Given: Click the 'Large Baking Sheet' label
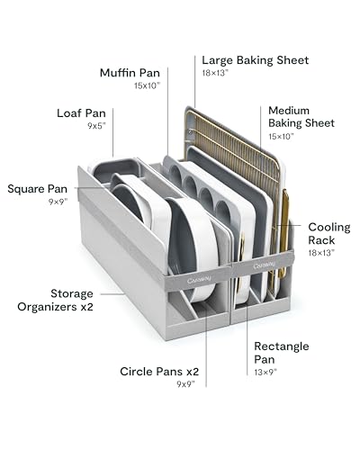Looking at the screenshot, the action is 255,60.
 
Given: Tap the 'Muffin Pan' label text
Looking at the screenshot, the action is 130,73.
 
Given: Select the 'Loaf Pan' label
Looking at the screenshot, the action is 81,113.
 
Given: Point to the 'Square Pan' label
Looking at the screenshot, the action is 38,189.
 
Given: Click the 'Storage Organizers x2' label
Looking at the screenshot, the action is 55,301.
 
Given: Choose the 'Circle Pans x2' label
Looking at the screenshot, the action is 159,372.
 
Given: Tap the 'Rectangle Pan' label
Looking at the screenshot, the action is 282,353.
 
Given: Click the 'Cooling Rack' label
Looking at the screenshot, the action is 329,234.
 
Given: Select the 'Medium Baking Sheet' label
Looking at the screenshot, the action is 301,117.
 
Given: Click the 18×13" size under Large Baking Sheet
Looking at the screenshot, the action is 215,73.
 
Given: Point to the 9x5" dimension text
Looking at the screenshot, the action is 97,126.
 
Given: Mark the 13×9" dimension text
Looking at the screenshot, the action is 265,373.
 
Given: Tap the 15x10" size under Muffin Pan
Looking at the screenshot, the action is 148,85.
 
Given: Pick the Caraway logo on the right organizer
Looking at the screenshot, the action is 265,265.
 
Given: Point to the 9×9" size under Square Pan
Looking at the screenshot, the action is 58,202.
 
